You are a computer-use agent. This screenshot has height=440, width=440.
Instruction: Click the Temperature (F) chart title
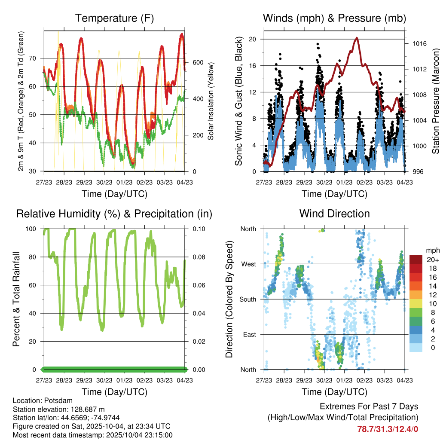114,18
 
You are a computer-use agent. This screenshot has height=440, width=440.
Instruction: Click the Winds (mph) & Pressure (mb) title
334,18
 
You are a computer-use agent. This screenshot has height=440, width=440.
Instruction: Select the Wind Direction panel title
334,214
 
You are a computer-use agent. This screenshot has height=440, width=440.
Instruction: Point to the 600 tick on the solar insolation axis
198,62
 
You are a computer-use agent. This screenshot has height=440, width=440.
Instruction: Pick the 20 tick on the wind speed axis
253,39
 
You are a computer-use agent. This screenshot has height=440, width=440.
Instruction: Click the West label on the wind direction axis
248,264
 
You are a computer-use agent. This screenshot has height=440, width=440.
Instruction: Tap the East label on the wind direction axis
249,334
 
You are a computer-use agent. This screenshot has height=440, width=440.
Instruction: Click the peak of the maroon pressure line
357,38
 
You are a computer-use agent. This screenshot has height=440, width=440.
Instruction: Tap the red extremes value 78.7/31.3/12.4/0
388,429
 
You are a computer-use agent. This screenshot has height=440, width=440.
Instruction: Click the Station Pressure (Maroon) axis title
435,101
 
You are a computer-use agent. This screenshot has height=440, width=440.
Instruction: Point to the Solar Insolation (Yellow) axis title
211,101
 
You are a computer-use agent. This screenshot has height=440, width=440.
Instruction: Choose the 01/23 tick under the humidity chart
125,380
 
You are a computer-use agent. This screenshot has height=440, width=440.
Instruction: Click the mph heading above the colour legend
431,250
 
